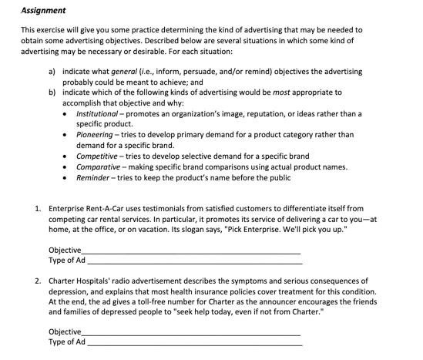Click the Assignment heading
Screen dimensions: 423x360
tap(43, 10)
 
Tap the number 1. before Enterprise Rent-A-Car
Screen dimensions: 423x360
tap(38, 208)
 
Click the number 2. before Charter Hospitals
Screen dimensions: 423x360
tap(38, 281)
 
